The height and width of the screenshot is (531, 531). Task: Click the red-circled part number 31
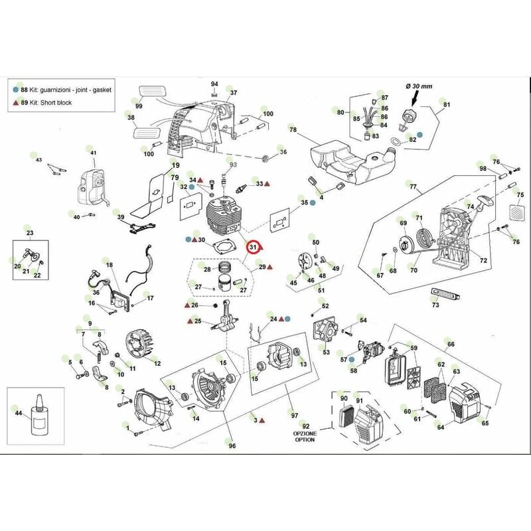coord(252,248)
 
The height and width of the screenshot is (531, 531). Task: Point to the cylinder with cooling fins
coord(225,213)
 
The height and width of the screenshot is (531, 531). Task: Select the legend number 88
coord(25,88)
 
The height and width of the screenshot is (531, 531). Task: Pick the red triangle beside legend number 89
coord(15,102)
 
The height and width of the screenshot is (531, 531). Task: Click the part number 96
coord(232,445)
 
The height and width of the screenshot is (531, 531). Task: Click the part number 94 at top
coord(214,84)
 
